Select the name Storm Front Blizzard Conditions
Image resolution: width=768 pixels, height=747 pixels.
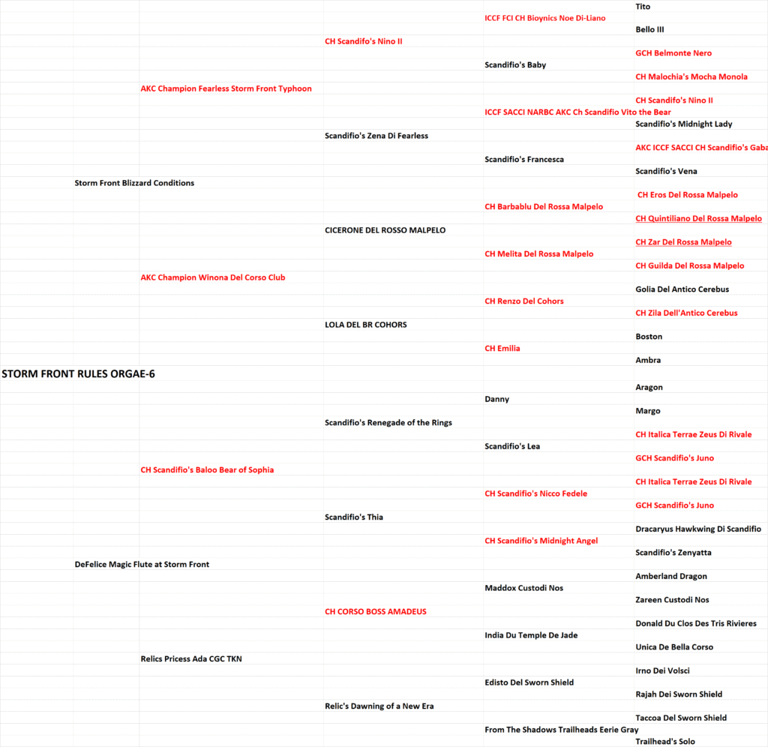pyautogui.click(x=134, y=183)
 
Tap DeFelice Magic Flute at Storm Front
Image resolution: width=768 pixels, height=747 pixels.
pyautogui.click(x=142, y=564)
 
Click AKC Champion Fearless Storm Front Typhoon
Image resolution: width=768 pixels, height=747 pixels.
pyautogui.click(x=226, y=88)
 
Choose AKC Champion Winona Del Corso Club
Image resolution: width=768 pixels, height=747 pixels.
pyautogui.click(x=213, y=277)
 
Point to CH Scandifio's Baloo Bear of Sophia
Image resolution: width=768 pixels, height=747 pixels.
pyautogui.click(x=207, y=469)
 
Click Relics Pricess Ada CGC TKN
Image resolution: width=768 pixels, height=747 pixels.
pyautogui.click(x=191, y=658)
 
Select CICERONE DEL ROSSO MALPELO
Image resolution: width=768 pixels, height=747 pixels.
pyautogui.click(x=385, y=230)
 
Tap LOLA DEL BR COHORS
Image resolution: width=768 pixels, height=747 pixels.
pyautogui.click(x=366, y=325)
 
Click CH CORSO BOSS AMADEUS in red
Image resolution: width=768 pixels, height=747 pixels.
pyautogui.click(x=375, y=611)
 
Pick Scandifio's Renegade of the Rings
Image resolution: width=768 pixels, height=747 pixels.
pyautogui.click(x=388, y=422)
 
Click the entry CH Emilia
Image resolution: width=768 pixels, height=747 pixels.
pyautogui.click(x=502, y=348)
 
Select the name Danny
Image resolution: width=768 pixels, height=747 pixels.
pyautogui.click(x=496, y=399)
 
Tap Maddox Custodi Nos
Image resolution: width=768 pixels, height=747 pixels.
pyautogui.click(x=523, y=588)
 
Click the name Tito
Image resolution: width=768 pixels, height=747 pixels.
pyautogui.click(x=643, y=7)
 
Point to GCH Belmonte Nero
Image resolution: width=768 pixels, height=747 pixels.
pyautogui.click(x=673, y=53)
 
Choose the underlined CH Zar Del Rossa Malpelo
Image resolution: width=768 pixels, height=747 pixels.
pyautogui.click(x=683, y=242)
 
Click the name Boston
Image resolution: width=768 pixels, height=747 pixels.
pyautogui.click(x=649, y=337)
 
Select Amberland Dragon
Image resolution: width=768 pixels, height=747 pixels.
pyautogui.click(x=671, y=576)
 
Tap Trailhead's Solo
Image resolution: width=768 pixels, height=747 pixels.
pyautogui.click(x=665, y=741)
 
